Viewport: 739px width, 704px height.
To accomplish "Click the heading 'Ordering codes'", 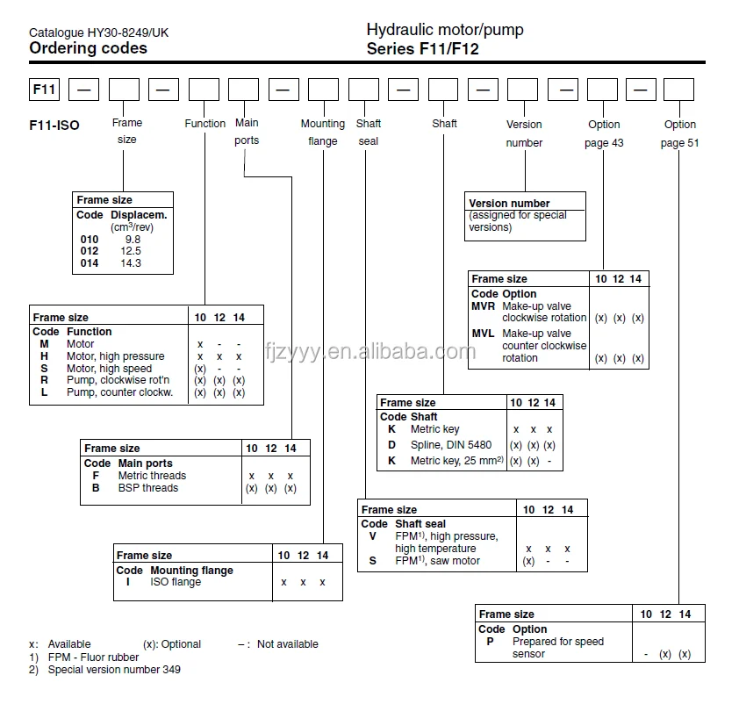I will click(88, 48).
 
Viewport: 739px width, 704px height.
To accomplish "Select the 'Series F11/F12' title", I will click(422, 49).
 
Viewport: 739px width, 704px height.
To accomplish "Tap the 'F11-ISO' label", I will click(54, 126).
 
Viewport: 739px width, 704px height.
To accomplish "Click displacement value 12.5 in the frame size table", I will click(132, 251).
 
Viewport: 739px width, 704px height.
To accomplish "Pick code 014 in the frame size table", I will click(89, 263).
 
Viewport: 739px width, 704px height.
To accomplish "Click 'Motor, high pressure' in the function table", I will click(115, 356).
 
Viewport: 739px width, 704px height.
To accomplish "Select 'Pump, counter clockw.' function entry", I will click(119, 392).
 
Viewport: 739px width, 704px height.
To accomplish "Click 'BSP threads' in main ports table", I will click(147, 488).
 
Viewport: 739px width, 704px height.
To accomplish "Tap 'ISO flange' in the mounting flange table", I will click(176, 582).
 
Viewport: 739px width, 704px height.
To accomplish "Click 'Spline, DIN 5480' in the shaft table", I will click(451, 445).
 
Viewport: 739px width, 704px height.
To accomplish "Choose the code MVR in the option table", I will click(483, 305).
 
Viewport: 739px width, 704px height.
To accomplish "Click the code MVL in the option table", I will click(483, 334).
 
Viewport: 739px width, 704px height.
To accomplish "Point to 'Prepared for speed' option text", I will click(557, 642).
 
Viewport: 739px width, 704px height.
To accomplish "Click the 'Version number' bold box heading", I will click(509, 204).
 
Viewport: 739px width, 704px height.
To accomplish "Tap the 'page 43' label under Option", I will click(604, 142).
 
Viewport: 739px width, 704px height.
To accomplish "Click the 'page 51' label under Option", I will click(679, 142).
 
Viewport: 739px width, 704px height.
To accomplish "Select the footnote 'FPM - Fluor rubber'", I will click(94, 657).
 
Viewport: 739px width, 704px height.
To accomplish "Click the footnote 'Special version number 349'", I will click(114, 670).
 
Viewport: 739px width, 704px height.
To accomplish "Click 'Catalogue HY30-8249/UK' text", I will click(99, 32).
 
